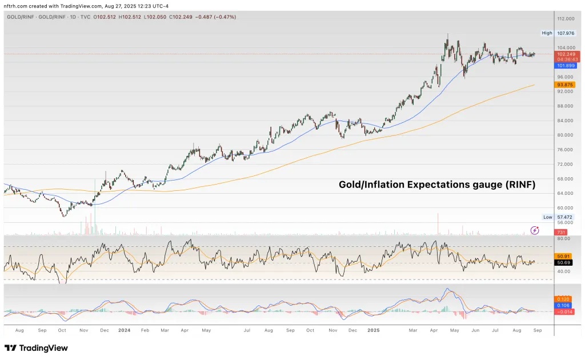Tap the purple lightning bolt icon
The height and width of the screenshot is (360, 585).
(x=535, y=230)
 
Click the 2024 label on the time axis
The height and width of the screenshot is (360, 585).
(x=124, y=330)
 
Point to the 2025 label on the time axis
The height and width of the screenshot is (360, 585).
(x=374, y=330)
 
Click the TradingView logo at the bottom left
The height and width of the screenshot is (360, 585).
(x=36, y=348)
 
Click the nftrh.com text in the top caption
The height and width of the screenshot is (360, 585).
(x=15, y=6)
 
